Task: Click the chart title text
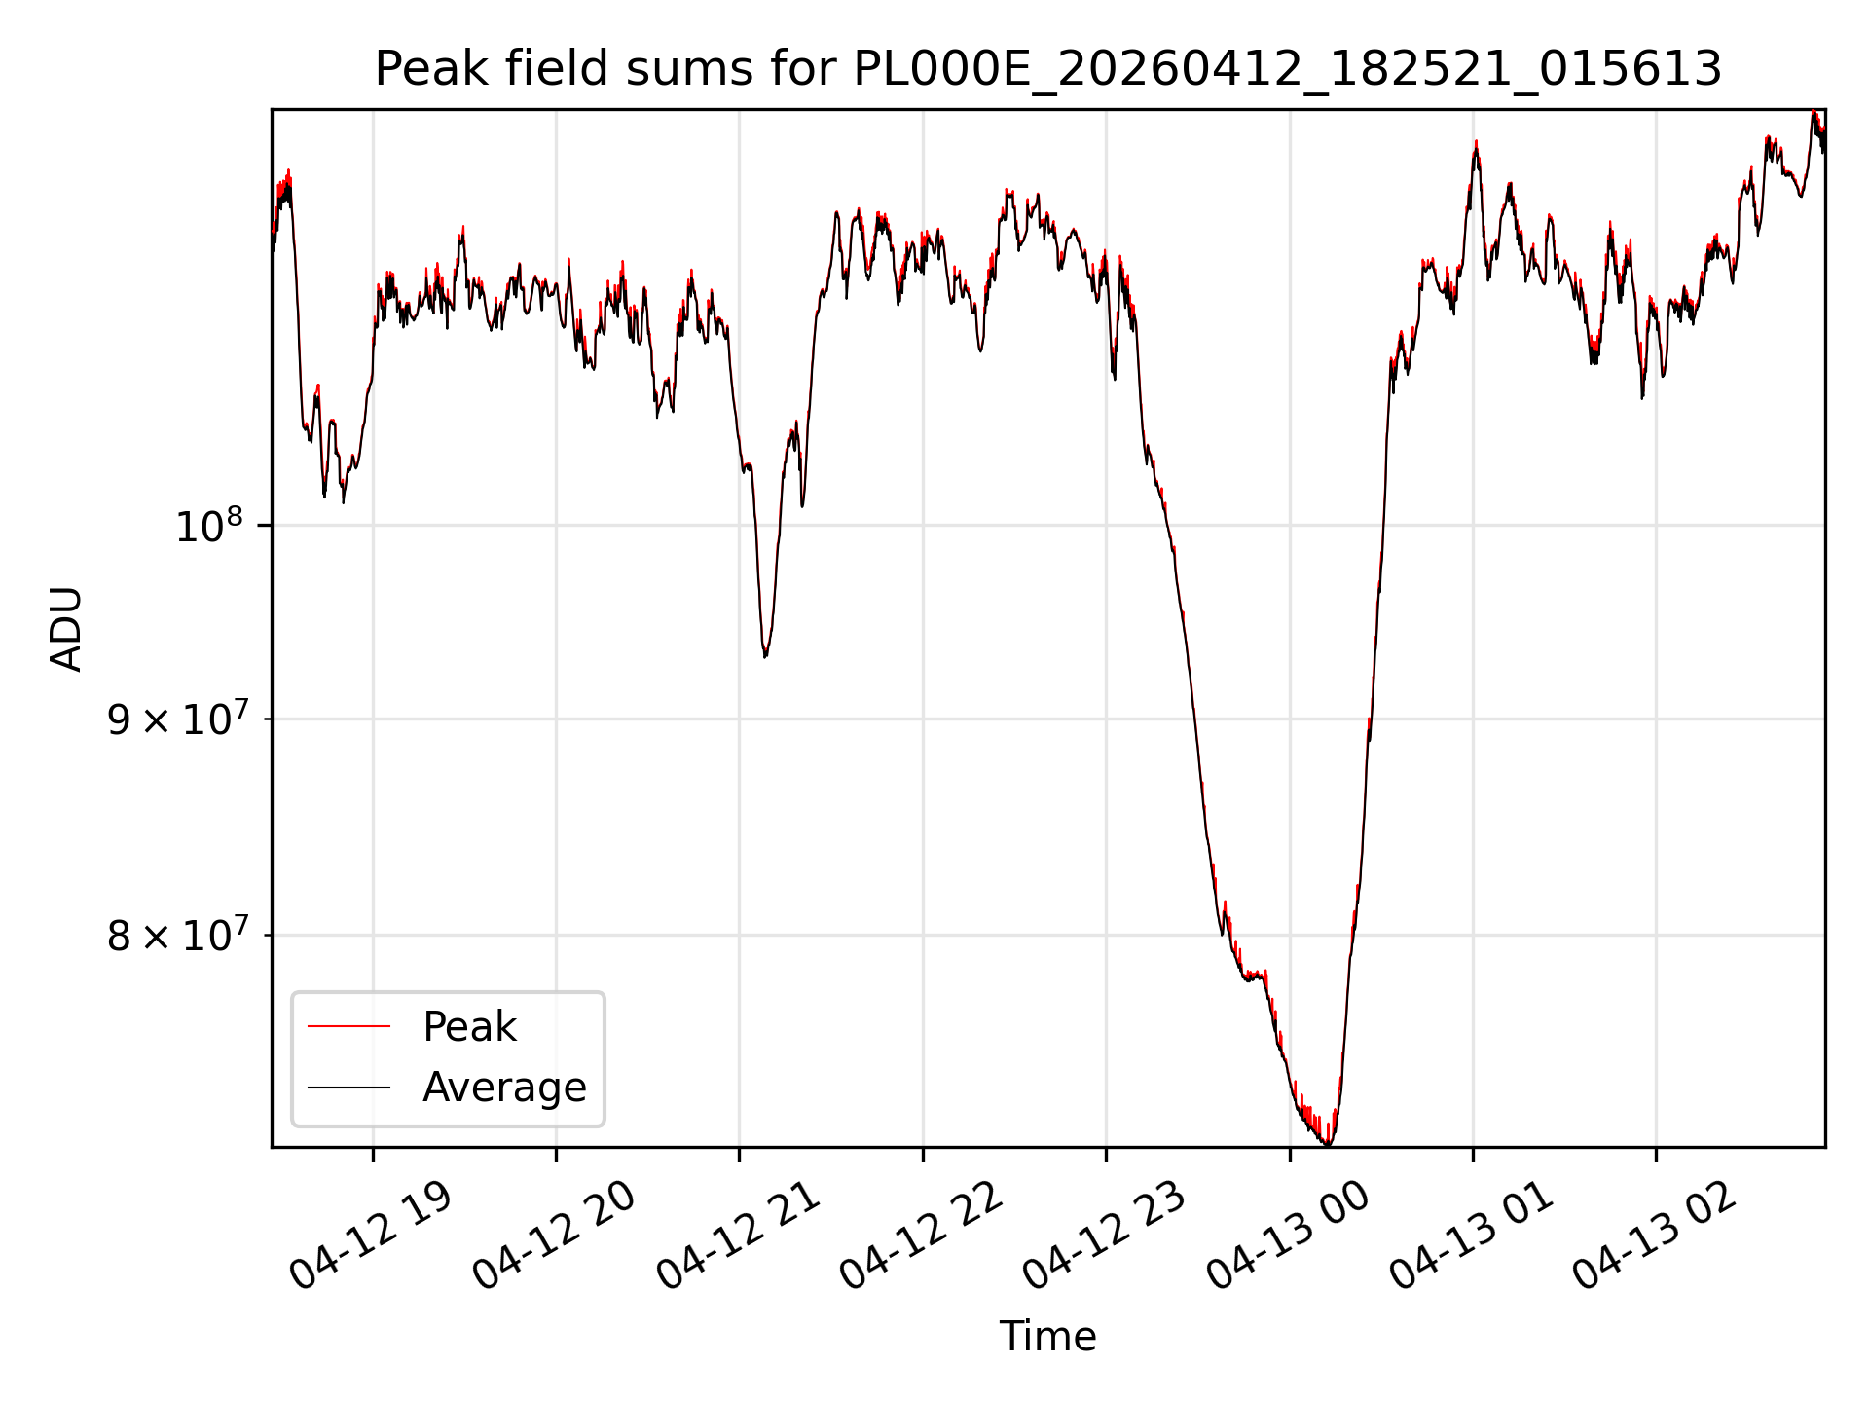click(1048, 70)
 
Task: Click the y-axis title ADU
click(66, 629)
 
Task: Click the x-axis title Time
click(1048, 1337)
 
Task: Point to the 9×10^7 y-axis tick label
click(177, 719)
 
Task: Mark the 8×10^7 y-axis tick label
click(177, 935)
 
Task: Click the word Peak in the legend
click(469, 1027)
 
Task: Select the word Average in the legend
click(504, 1088)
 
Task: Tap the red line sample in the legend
click(348, 1026)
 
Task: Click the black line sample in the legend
click(348, 1087)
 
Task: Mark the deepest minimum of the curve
click(1328, 1144)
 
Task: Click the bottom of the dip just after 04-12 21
click(765, 656)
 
